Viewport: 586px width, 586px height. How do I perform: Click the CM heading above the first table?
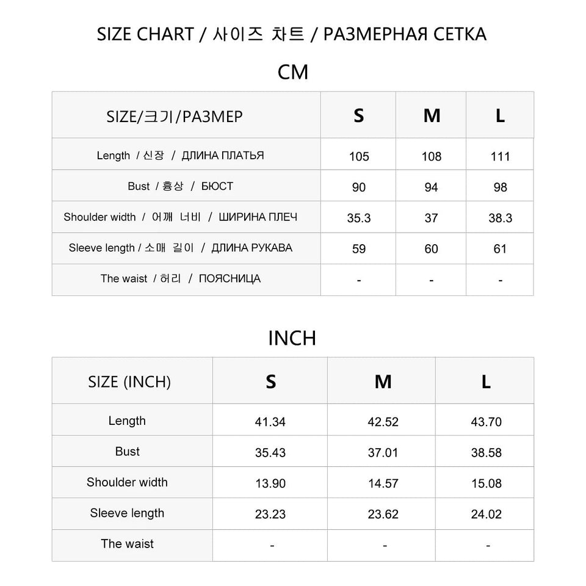(293, 72)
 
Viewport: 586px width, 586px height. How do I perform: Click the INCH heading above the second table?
(292, 338)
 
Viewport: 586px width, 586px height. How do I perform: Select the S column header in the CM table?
(359, 115)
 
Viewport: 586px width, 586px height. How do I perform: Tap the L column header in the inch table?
(486, 382)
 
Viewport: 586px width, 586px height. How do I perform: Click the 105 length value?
(359, 156)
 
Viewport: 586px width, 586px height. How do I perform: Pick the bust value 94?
(431, 187)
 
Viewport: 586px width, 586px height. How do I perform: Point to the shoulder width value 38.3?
(500, 219)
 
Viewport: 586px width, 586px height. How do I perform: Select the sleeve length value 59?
(359, 249)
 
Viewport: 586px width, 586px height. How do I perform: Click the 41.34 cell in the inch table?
(270, 422)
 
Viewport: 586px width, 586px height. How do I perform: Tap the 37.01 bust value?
(383, 453)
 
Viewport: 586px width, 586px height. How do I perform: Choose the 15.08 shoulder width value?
(487, 483)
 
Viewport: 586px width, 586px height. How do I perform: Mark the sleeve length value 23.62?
(383, 515)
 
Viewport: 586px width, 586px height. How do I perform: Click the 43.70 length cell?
(487, 422)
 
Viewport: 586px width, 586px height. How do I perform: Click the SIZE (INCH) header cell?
(129, 382)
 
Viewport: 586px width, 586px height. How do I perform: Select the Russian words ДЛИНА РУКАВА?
(251, 248)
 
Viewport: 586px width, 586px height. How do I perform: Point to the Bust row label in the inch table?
(127, 452)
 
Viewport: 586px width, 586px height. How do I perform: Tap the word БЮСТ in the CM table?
(217, 186)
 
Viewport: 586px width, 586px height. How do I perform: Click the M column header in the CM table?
(432, 115)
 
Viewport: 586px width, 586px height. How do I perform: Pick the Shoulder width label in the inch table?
(127, 482)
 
